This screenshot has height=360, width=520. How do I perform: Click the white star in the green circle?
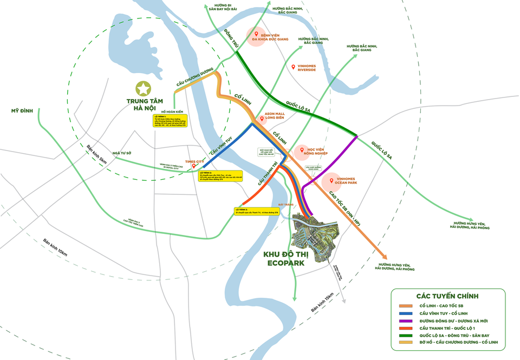143,88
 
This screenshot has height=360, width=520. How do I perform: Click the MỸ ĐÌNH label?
22,111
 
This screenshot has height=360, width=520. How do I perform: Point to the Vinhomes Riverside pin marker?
294,67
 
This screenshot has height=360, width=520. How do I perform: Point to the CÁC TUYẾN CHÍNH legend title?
447,296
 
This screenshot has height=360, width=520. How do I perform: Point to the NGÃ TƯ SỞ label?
123,153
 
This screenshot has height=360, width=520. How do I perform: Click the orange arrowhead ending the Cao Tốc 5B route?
382,257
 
